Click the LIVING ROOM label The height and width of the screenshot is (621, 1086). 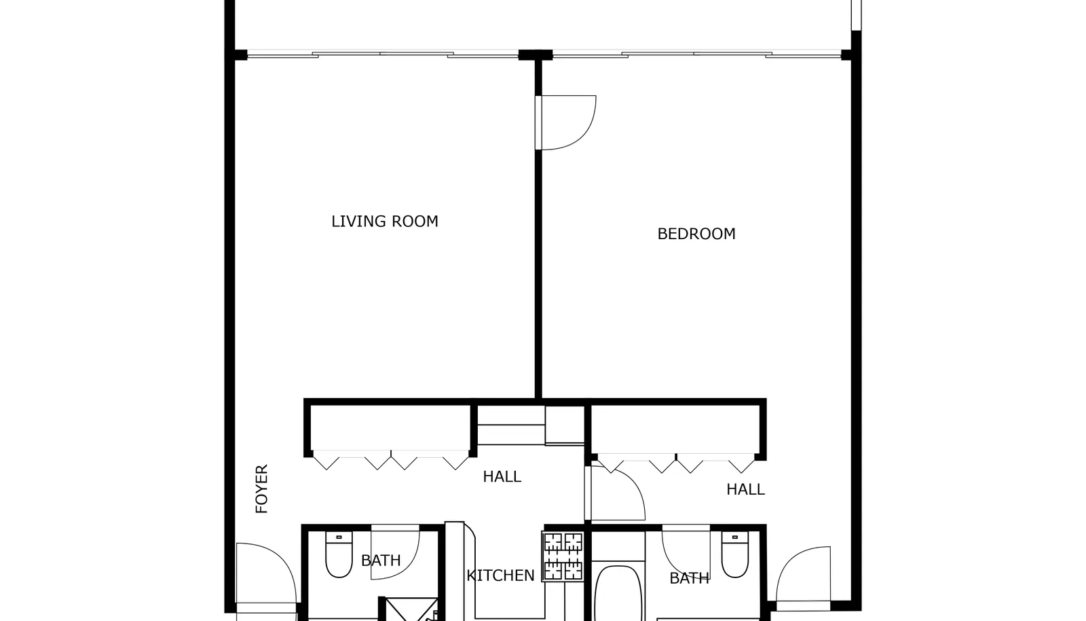384,221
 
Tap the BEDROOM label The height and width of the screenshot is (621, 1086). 696,234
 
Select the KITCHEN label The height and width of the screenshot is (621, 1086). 500,575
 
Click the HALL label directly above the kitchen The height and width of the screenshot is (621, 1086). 502,476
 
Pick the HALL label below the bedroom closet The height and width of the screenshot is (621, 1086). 745,489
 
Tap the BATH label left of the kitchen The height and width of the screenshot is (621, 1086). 381,561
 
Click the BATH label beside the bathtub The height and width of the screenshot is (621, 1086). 690,578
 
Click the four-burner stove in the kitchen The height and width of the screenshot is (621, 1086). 563,556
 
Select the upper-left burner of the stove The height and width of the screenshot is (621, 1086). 553,542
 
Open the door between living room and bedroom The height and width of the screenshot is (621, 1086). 565,123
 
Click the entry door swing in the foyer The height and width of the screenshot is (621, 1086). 266,573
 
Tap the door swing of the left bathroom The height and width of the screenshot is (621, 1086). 395,553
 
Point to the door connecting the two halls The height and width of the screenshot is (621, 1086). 615,493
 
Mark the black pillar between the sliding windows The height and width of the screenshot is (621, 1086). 536,55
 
